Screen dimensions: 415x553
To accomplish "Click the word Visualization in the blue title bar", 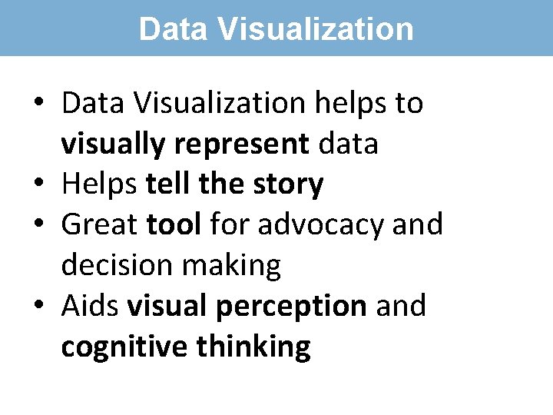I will tap(316, 29).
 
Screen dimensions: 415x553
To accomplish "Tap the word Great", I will tap(100, 225).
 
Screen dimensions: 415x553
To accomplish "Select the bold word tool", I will tap(174, 225).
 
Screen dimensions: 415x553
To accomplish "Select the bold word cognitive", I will tap(124, 347).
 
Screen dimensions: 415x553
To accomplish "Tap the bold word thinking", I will tap(253, 347).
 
